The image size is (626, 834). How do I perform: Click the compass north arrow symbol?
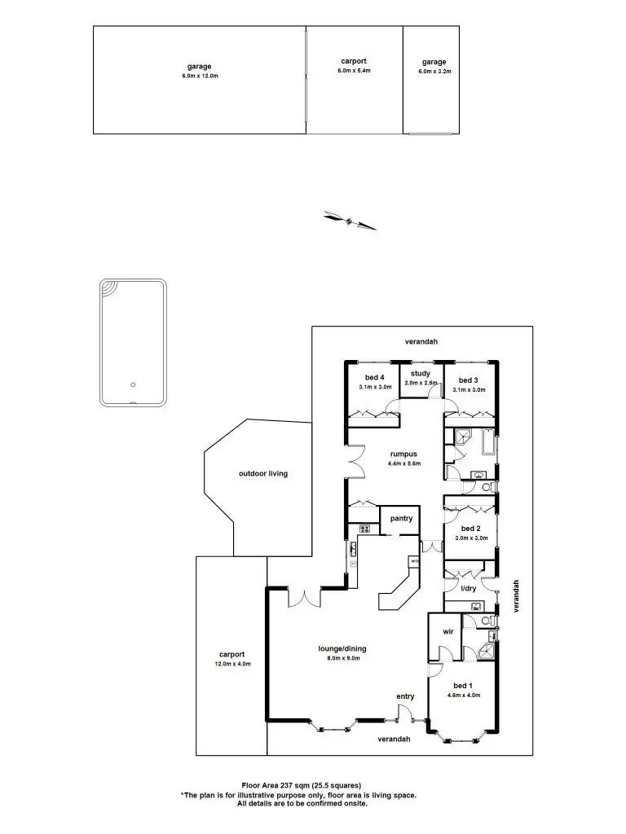coord(350,220)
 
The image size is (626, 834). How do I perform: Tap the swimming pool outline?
coord(134,342)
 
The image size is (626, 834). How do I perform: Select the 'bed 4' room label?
coord(374,377)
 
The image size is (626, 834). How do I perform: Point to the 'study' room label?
coord(421,373)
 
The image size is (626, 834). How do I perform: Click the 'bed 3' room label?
coord(468,380)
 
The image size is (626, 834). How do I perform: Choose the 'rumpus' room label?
coord(403,454)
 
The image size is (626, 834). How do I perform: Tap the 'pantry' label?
coord(401,519)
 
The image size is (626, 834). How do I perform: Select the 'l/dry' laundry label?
coord(469,588)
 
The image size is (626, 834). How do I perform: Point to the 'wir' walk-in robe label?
coord(447,631)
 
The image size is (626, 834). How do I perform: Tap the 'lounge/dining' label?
coord(342,649)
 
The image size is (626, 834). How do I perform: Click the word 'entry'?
coord(405,696)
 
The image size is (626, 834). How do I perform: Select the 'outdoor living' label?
coord(263,473)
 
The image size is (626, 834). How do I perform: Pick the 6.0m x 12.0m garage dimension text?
coord(200,76)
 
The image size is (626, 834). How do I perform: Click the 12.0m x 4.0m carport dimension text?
coord(232,664)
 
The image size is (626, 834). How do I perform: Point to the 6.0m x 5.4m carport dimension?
coord(354,71)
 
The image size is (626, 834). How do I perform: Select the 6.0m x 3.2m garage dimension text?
coord(434,72)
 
